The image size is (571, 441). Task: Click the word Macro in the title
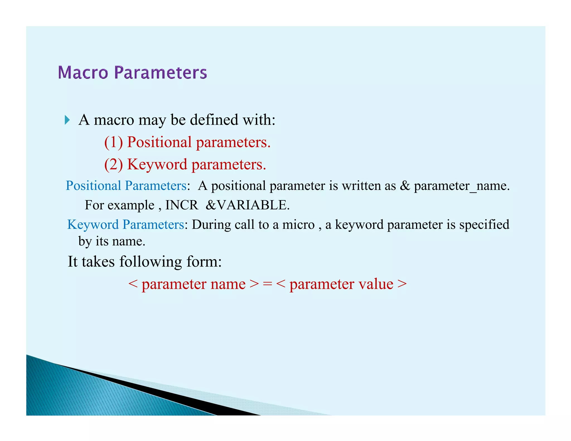pyautogui.click(x=83, y=72)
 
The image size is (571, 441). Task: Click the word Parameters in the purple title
pyautogui.click(x=161, y=72)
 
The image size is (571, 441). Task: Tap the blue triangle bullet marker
pyautogui.click(x=67, y=120)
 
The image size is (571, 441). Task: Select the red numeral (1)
pyautogui.click(x=113, y=142)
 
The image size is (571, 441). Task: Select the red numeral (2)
pyautogui.click(x=113, y=164)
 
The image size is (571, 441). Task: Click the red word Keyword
pyautogui.click(x=157, y=164)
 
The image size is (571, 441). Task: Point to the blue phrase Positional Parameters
pyautogui.click(x=126, y=186)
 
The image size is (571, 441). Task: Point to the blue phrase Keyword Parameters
pyautogui.click(x=125, y=225)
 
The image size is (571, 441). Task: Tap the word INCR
pyautogui.click(x=182, y=205)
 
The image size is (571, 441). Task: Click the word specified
pyautogui.click(x=484, y=225)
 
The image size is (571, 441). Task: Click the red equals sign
pyautogui.click(x=267, y=284)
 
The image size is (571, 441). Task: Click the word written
pyautogui.click(x=361, y=186)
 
